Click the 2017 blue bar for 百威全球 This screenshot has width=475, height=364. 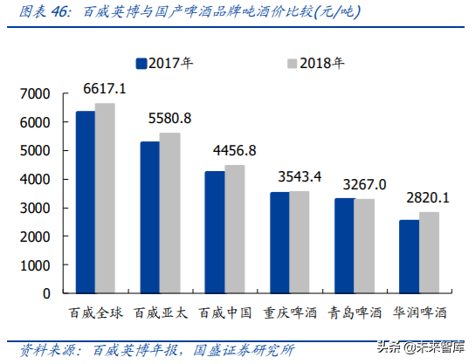85,203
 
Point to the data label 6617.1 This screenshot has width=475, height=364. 105,90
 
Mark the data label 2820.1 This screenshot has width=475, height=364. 427,197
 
